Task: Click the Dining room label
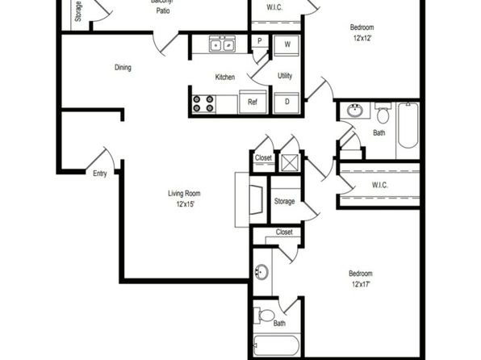(x=123, y=67)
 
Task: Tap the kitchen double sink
(x=223, y=44)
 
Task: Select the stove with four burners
(x=203, y=104)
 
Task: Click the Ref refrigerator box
(x=253, y=102)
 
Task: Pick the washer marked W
(x=287, y=45)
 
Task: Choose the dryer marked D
(x=287, y=103)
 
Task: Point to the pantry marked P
(x=260, y=41)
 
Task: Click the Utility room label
(x=285, y=76)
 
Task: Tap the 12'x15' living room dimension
(x=186, y=203)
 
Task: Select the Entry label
(x=100, y=174)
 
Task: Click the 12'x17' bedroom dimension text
(x=361, y=284)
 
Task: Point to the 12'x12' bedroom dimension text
(x=362, y=38)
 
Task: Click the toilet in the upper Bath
(x=383, y=113)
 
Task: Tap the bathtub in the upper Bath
(x=408, y=125)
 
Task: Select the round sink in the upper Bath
(x=355, y=111)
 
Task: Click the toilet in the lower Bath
(x=265, y=315)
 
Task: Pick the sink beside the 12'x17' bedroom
(x=261, y=272)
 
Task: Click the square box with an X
(x=290, y=162)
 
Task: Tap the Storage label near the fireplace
(x=284, y=201)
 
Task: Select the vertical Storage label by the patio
(x=78, y=11)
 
